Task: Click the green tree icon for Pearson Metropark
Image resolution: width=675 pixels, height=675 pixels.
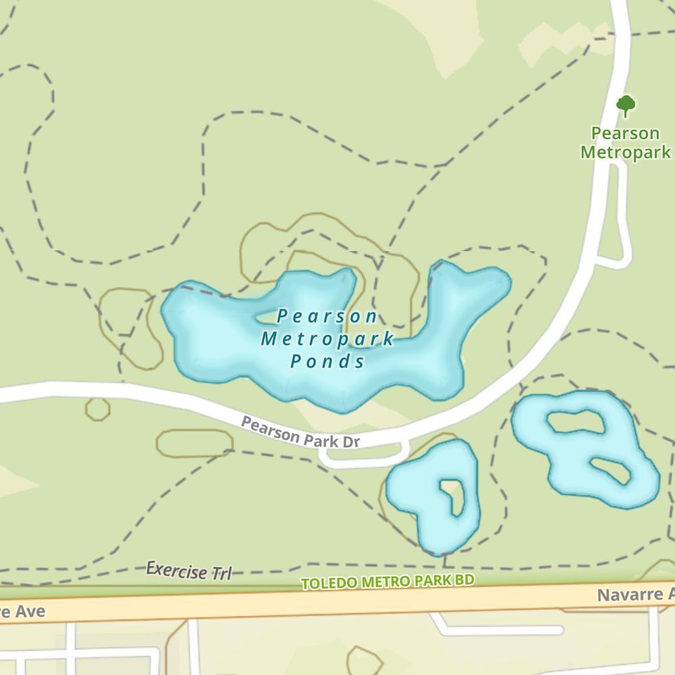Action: coord(626,105)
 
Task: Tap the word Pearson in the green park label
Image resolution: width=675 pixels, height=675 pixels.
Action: coord(625,133)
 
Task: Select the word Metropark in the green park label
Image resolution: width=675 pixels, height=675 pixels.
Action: coord(626,153)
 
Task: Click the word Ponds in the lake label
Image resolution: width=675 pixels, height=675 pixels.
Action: coord(328,362)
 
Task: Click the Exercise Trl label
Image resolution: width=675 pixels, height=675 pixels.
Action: coord(189,571)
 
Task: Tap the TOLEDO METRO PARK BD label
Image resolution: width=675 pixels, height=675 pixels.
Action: coord(387,581)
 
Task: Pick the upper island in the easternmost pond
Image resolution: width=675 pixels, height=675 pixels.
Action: coord(573,423)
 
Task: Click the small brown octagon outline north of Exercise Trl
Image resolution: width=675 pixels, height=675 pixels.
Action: coord(98,408)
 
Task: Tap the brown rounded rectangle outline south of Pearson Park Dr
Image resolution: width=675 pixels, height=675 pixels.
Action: coord(194,443)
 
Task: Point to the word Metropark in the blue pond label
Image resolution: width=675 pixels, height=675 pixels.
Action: coord(327,339)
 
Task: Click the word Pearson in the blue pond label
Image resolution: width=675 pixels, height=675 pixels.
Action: coord(327,316)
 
